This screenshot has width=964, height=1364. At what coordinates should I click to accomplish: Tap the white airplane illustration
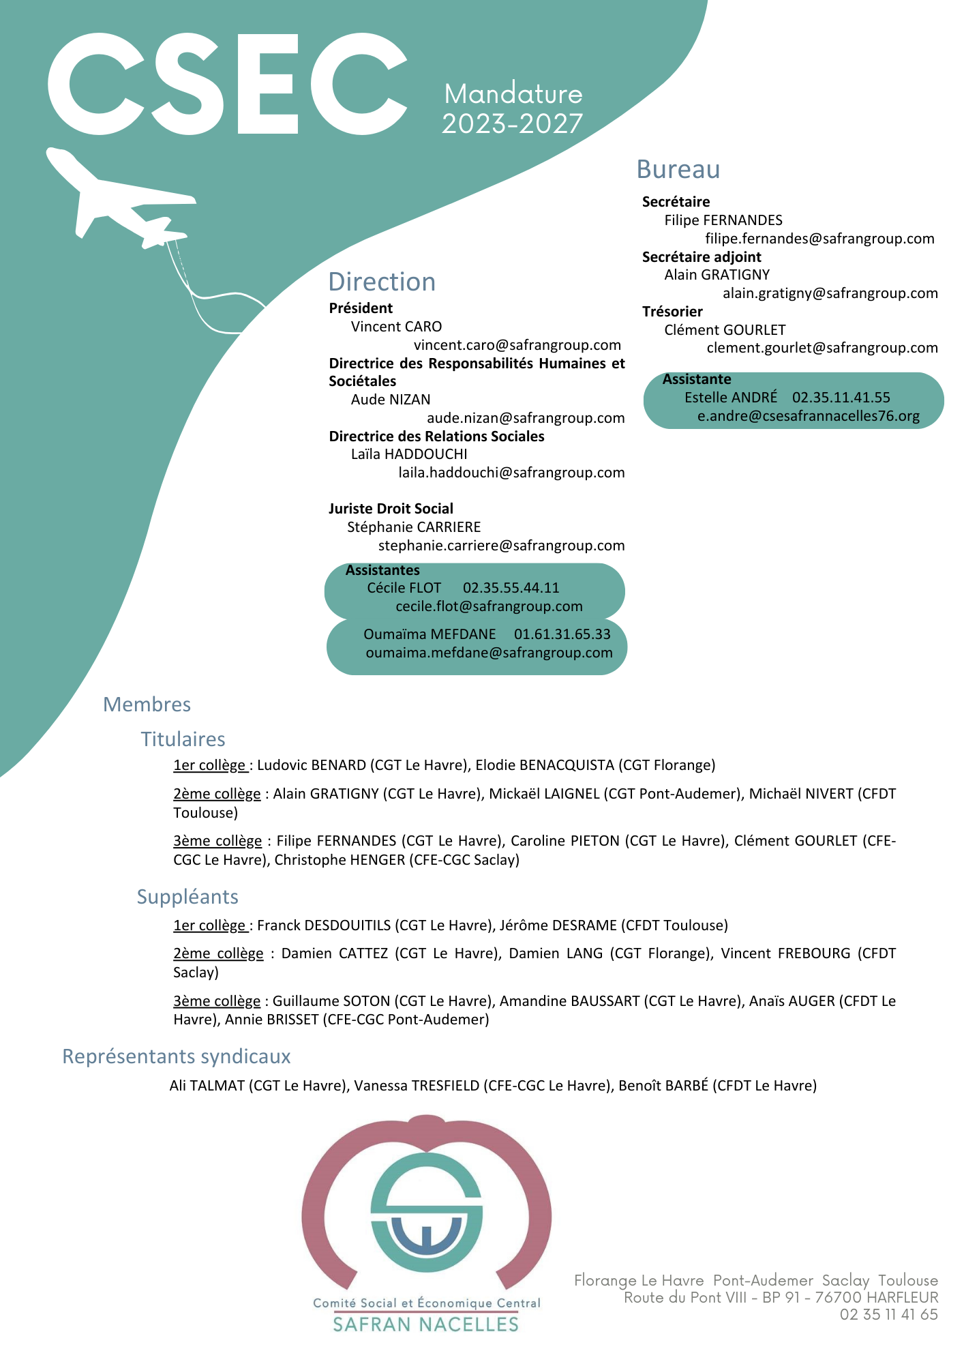[119, 198]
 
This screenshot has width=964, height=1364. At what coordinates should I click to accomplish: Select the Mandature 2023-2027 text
[513, 109]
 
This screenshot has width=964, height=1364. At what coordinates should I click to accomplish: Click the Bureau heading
[678, 169]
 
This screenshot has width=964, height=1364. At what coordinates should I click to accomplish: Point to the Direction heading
[382, 282]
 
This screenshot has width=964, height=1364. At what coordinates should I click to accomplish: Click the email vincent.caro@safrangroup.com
[517, 345]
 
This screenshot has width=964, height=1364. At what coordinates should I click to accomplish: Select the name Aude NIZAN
[391, 400]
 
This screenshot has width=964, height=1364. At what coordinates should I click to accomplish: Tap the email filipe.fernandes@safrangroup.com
[819, 239]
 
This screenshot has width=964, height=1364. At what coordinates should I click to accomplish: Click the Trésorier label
[672, 312]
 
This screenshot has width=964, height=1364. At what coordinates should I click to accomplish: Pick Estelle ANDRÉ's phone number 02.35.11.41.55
[841, 398]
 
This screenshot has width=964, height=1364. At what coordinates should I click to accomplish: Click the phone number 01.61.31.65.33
[562, 634]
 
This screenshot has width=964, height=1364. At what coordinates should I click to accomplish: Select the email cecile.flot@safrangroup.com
[489, 606]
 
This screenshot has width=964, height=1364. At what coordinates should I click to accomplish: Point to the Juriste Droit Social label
[391, 509]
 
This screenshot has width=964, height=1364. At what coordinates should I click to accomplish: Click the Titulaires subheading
[183, 739]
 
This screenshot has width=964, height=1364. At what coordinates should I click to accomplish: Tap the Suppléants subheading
[187, 897]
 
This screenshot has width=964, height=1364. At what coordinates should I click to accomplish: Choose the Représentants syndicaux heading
[176, 1056]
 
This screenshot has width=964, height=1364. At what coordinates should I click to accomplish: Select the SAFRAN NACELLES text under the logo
[425, 1324]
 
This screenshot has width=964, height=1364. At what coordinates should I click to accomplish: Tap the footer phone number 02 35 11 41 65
[888, 1314]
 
